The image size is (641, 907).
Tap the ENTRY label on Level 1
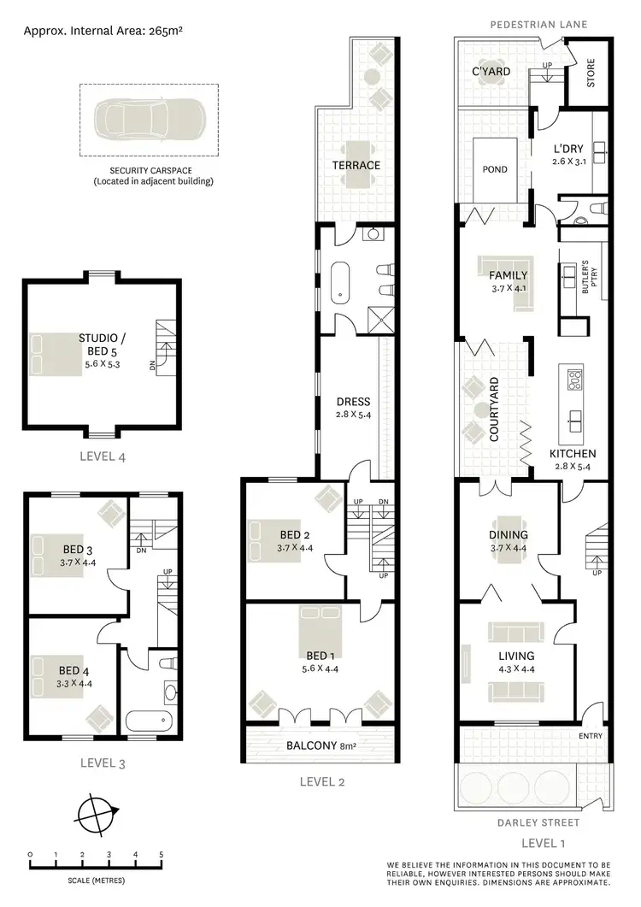pos(591,736)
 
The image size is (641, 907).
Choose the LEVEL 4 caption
pos(100,456)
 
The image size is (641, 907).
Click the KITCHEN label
pos(573,453)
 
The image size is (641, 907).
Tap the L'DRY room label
pos(567,148)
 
